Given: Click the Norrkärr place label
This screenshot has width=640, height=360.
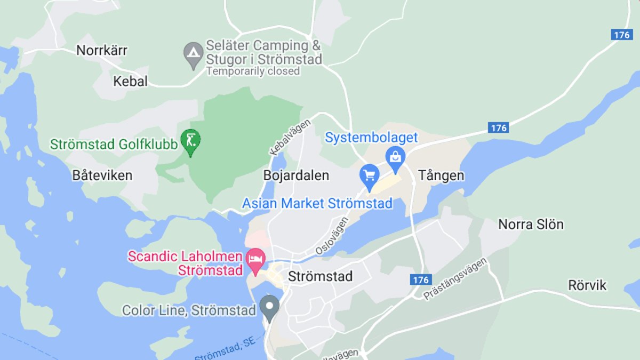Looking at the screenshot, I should pos(102,51).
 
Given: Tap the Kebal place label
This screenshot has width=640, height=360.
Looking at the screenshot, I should pos(130,81).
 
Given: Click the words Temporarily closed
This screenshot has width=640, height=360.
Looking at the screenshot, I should pos(253,71).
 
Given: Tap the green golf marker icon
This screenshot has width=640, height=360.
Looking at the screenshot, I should pos(191,141).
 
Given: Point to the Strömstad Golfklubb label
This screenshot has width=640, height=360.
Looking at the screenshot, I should pos(114,144).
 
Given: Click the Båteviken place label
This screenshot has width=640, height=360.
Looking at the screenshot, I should pos(102,175).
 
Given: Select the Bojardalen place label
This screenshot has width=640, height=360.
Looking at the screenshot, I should pos(296,175).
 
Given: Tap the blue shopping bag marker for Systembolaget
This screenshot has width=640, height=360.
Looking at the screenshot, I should pos(395,158).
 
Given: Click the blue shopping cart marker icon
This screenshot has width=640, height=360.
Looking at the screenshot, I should pos(369,175).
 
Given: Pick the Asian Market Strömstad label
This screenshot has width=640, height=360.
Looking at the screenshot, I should pos(317,203).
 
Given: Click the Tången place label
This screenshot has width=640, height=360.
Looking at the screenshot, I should pos(441,175).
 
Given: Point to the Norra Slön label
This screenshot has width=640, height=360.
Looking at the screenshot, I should pos(531,225).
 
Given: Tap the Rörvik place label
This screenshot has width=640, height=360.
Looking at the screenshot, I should pos(587,285).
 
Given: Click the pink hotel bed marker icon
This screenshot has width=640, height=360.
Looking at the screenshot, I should pos(255,260).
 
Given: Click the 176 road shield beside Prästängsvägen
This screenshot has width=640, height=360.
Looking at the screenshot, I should pos(421,279).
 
